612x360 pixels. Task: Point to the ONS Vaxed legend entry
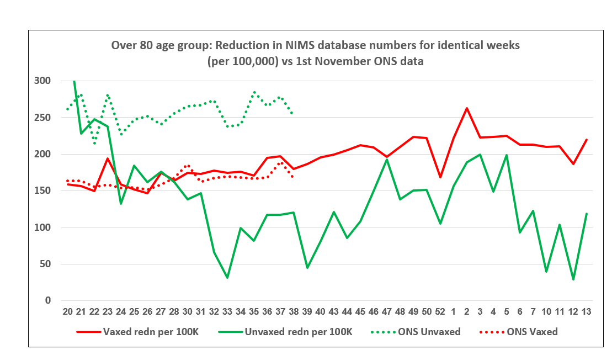[x=531, y=332]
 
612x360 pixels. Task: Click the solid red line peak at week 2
[x=467, y=108]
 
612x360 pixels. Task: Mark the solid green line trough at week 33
[x=227, y=278]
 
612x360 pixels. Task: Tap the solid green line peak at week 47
[x=386, y=160]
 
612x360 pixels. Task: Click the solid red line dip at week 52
[x=439, y=177]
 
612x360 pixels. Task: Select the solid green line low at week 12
[x=573, y=279]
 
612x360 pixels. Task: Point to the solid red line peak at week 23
[x=108, y=158]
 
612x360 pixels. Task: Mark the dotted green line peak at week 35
[x=254, y=92]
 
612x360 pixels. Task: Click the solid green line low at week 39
[x=307, y=268]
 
